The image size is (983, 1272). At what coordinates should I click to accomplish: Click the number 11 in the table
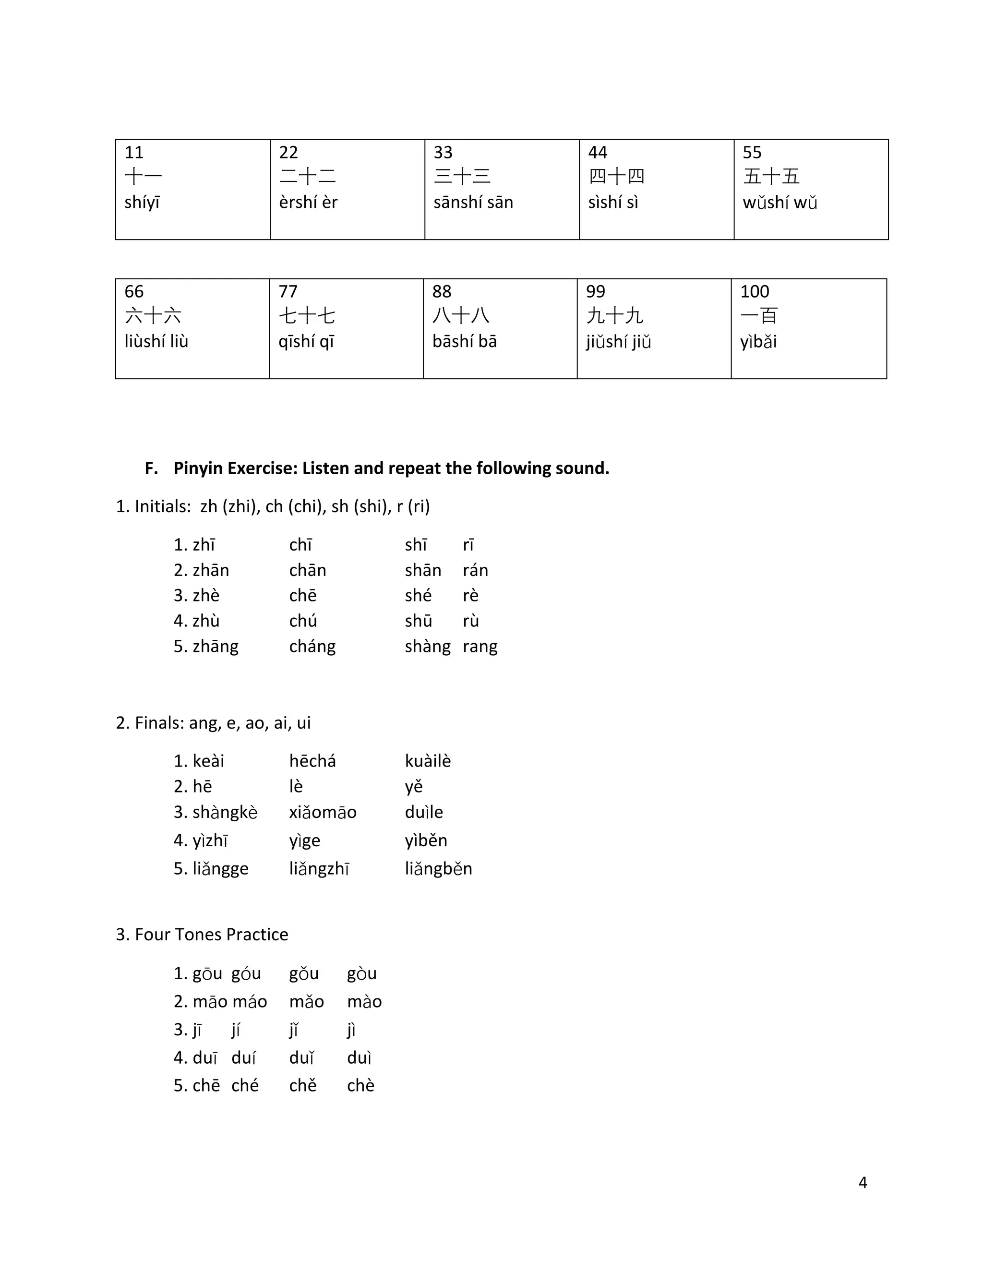tap(134, 153)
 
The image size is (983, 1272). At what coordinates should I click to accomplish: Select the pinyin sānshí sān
tap(473, 203)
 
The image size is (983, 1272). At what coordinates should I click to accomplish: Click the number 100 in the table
tap(755, 292)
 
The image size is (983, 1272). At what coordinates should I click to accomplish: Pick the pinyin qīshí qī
tap(306, 342)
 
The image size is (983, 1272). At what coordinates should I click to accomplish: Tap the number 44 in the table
tap(598, 153)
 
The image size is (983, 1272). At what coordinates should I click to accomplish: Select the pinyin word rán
tap(475, 570)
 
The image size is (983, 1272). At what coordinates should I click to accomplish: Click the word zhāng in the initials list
tap(216, 647)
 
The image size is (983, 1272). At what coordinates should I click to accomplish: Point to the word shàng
tap(428, 647)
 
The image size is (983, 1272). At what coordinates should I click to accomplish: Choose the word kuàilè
tap(428, 761)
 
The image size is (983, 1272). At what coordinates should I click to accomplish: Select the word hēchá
tap(312, 761)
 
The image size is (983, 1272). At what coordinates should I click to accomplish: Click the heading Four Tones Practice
tap(211, 934)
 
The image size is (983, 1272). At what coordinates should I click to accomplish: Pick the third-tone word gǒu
tap(303, 974)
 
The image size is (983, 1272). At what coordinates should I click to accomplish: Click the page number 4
tap(863, 1182)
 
